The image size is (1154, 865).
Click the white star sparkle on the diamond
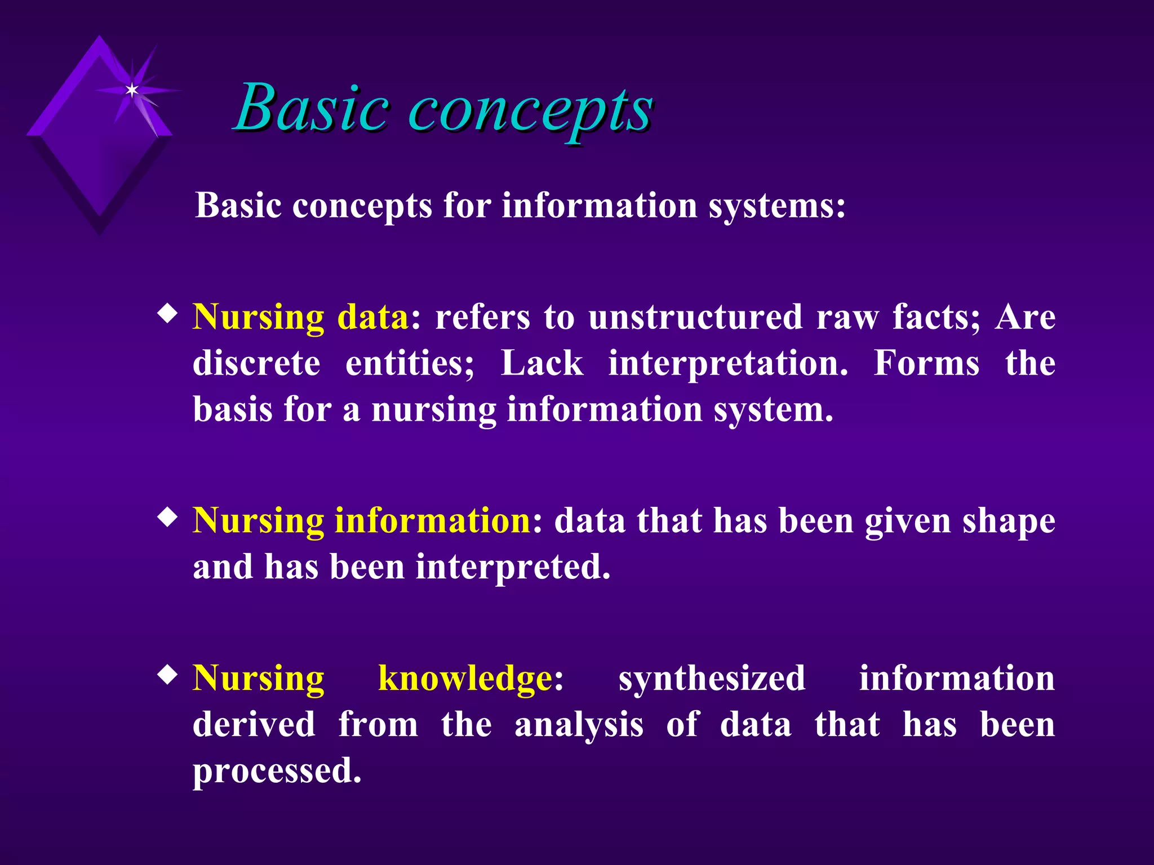[132, 90]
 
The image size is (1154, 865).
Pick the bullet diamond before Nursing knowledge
[167, 675]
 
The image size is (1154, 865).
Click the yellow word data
[372, 317]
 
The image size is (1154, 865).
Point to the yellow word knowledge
[465, 678]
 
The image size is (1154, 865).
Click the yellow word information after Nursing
[432, 520]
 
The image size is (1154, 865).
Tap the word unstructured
[695, 317]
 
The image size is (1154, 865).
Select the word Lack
[542, 363]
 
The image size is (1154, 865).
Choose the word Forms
[926, 363]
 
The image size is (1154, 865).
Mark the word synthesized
[712, 679]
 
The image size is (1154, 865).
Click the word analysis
[579, 725]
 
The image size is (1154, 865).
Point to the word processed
[277, 772]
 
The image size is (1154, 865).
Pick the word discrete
[256, 363]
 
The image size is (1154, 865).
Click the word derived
[254, 724]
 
